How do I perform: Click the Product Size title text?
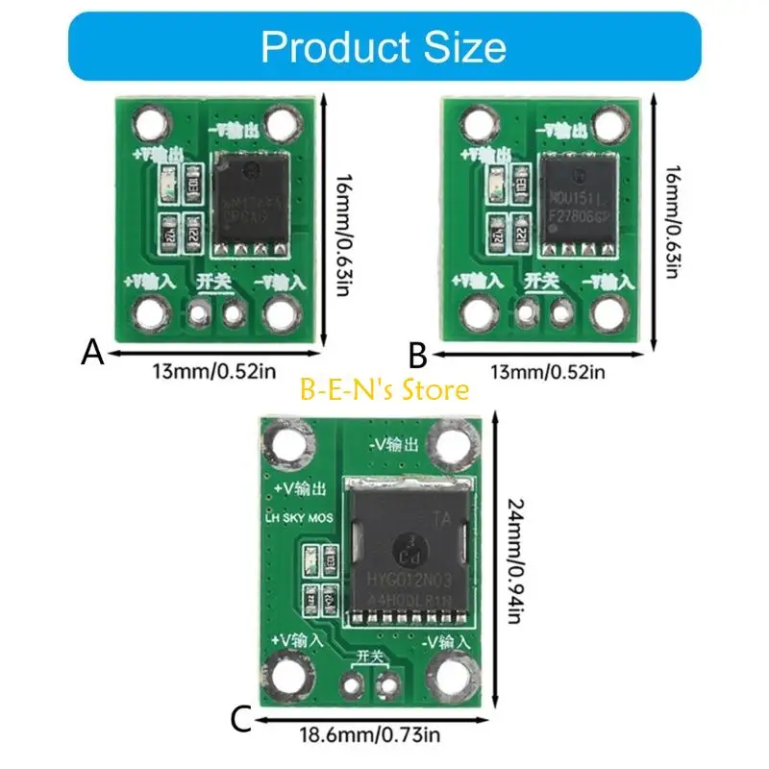pyautogui.click(x=383, y=46)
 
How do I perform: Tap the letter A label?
pyautogui.click(x=92, y=353)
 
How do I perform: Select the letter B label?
pyautogui.click(x=417, y=358)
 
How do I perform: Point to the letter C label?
pyautogui.click(x=243, y=718)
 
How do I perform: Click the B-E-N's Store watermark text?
pyautogui.click(x=384, y=390)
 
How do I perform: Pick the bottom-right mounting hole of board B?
pyautogui.click(x=608, y=312)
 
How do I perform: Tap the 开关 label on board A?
pyautogui.click(x=215, y=282)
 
